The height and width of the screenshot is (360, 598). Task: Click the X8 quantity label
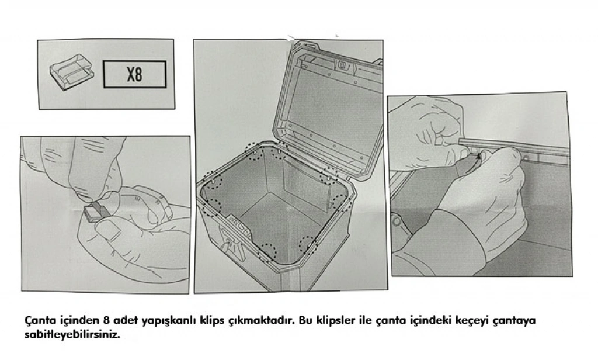pyautogui.click(x=135, y=74)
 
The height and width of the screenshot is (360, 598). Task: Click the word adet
pyautogui.click(x=126, y=320)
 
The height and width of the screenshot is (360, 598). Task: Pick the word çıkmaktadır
pyautogui.click(x=261, y=321)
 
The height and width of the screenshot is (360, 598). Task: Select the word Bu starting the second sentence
pyautogui.click(x=305, y=320)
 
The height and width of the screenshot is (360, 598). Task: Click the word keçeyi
pyautogui.click(x=472, y=321)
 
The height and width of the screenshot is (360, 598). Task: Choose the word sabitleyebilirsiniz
pyautogui.click(x=72, y=335)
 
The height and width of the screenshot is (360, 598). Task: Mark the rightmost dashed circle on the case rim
pyautogui.click(x=341, y=203)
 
